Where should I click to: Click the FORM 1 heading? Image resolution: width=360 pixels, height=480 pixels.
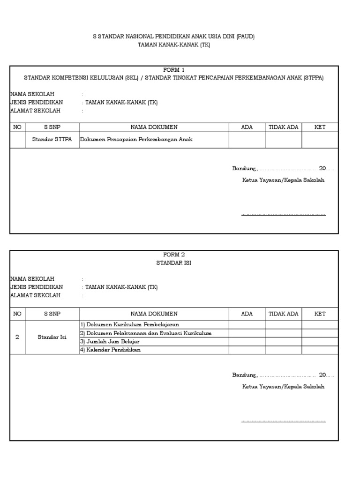point(174,70)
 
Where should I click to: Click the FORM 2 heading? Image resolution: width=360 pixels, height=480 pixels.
point(174,255)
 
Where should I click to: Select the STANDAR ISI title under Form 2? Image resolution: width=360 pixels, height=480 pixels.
point(174,263)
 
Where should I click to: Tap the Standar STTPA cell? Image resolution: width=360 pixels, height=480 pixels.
point(52,140)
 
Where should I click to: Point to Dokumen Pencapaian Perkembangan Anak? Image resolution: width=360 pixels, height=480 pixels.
point(136,140)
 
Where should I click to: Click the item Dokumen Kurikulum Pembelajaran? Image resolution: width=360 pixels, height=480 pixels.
point(129,324)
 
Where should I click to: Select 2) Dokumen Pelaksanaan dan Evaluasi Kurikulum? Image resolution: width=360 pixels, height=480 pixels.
point(146,333)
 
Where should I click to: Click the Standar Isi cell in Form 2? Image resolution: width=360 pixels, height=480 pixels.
point(52,337)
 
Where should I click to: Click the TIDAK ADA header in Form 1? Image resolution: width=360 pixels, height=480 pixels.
point(283,127)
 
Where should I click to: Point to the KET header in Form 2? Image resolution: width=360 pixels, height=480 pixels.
point(320,314)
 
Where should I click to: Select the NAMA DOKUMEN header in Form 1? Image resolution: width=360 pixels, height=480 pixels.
point(154,127)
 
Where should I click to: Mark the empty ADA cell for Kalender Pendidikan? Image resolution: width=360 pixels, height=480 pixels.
point(247,350)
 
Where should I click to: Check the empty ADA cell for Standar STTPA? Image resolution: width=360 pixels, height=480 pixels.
point(247,140)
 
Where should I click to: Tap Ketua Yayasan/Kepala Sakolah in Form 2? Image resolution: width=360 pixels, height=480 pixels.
point(283,387)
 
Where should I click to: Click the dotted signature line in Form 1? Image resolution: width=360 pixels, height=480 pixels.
point(283,215)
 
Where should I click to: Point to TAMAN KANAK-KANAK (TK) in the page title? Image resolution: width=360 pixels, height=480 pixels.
point(174,45)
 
